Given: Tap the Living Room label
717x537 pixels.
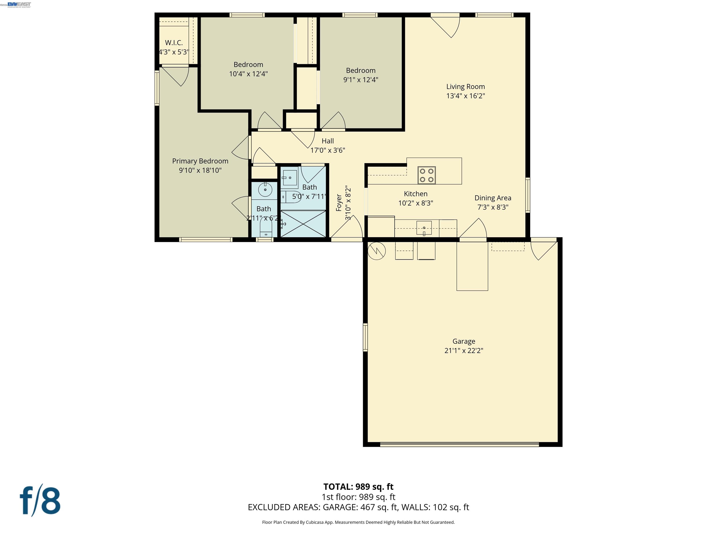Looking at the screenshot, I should (x=465, y=86).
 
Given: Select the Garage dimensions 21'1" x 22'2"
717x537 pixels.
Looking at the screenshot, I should (x=464, y=350).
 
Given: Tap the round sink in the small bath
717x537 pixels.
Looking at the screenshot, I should (x=265, y=190).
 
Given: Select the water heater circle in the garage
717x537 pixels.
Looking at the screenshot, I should (x=377, y=251).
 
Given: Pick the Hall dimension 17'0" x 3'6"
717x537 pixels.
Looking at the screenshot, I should (x=328, y=150).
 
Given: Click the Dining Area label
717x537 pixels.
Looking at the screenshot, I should (x=493, y=198).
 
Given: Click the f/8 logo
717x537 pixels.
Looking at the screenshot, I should (x=40, y=501).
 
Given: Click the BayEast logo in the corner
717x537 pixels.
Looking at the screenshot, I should (x=19, y=4).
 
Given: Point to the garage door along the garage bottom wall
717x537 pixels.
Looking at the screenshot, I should (x=459, y=444).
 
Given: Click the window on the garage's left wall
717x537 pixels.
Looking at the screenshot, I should (x=365, y=337).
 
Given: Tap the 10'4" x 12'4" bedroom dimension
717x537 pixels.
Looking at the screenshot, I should (x=248, y=74).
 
